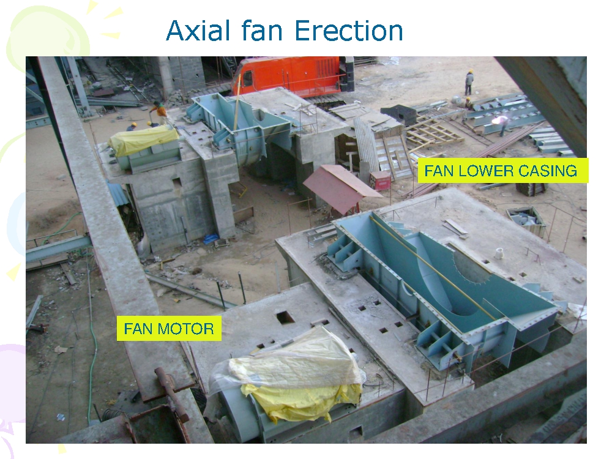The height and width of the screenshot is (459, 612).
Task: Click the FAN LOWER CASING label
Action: click(501, 171)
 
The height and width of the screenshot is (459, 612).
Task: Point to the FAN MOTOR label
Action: click(169, 329)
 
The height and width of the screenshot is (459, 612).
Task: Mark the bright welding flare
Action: click(503, 121)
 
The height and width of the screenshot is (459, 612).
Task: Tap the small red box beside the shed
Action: click(380, 181)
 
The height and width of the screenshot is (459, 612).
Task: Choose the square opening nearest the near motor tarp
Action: click(285, 317)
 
